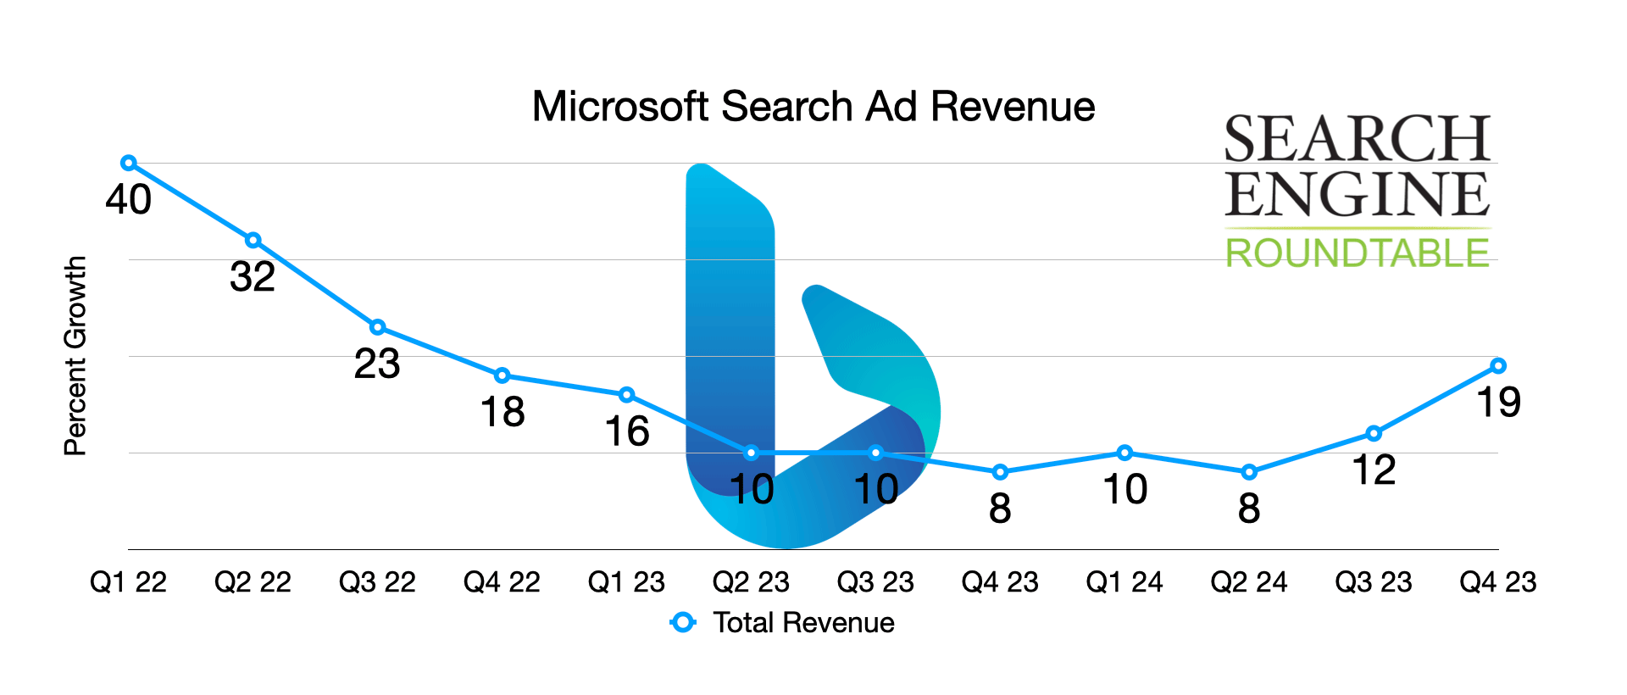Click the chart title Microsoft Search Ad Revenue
(x=813, y=107)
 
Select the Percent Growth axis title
(x=75, y=355)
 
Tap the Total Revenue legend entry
(x=802, y=623)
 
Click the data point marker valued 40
(x=129, y=163)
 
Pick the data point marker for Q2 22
(x=253, y=241)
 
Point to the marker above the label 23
(x=377, y=327)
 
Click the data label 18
(x=503, y=413)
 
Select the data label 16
(x=627, y=432)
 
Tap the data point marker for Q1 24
(x=1124, y=453)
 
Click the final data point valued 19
(x=1497, y=366)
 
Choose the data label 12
(x=1374, y=471)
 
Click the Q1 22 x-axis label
(x=129, y=582)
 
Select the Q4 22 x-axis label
(x=502, y=582)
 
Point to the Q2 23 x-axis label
(x=751, y=582)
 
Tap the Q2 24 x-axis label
(x=1249, y=582)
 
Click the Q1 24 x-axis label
(x=1124, y=582)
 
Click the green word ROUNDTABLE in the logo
(x=1357, y=253)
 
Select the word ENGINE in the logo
(x=1357, y=194)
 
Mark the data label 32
(x=253, y=278)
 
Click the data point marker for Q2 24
(x=1249, y=472)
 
